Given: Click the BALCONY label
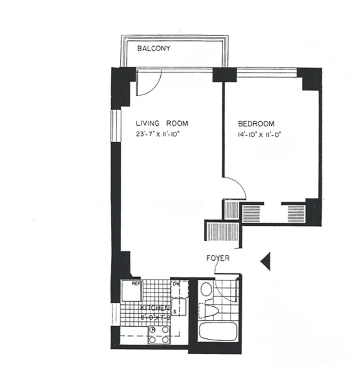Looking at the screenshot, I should [154, 49].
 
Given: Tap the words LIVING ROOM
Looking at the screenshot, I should [162, 123].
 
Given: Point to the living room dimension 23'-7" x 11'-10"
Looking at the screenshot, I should [162, 133].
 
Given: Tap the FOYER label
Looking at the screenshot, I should [218, 258].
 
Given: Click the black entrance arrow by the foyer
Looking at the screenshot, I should [265, 261].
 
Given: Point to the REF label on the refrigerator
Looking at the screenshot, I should [136, 283].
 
